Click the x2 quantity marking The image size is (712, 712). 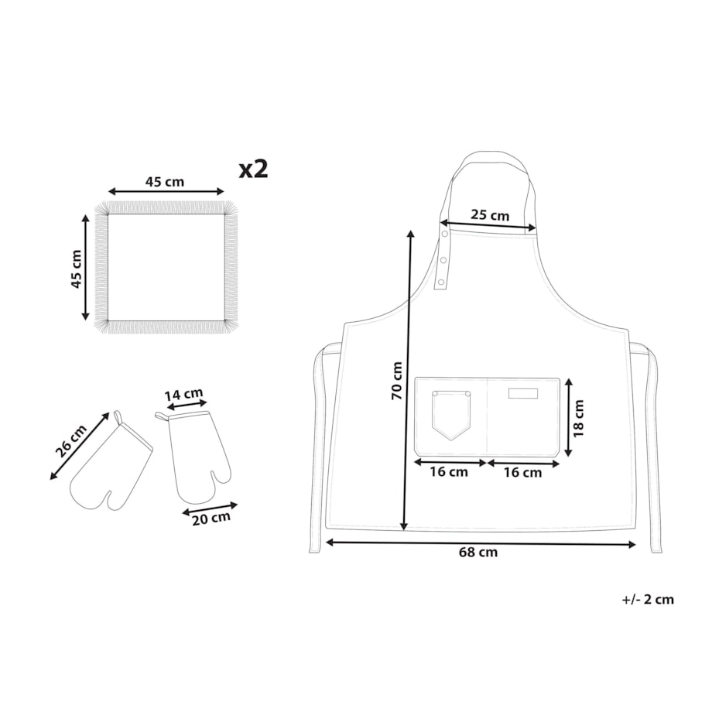(x=254, y=169)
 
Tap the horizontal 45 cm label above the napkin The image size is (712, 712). (x=165, y=182)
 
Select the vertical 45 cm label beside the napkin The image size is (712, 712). (x=76, y=269)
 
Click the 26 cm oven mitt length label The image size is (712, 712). (x=71, y=441)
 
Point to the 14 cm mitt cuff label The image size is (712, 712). (x=183, y=395)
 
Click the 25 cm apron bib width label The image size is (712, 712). (x=489, y=215)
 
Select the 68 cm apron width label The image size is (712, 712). (x=478, y=552)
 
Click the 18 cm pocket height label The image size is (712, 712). (x=578, y=418)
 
